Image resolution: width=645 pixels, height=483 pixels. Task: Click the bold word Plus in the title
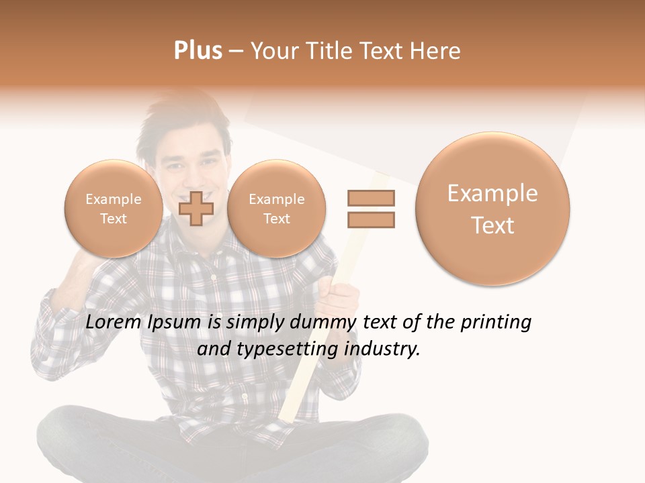tap(198, 51)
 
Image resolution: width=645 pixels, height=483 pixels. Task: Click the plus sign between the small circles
tap(196, 209)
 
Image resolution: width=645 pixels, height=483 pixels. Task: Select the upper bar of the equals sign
tap(370, 198)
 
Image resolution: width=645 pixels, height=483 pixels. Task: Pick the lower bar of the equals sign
tap(370, 219)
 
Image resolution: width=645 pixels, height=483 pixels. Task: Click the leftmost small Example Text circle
tap(114, 209)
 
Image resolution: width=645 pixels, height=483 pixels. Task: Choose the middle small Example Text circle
tap(276, 209)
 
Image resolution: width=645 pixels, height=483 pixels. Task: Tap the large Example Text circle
tap(492, 209)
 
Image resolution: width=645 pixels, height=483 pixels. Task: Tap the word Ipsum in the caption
tap(174, 323)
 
